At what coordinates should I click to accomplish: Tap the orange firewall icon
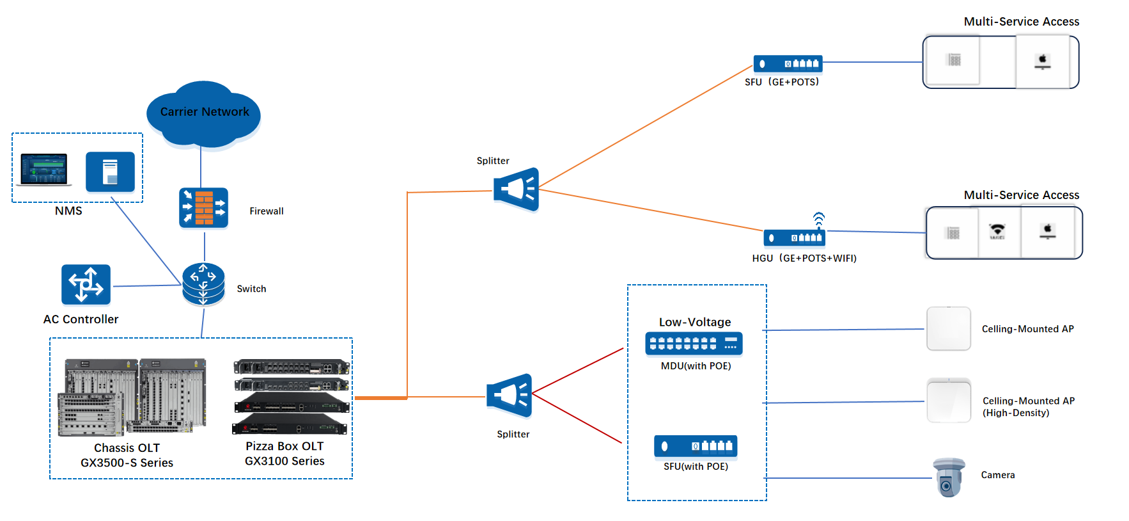(x=203, y=207)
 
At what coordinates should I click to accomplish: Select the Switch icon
(x=203, y=284)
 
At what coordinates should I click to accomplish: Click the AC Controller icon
(x=86, y=284)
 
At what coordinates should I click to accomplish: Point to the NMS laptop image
(x=43, y=170)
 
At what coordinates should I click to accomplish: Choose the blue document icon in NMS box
(x=110, y=172)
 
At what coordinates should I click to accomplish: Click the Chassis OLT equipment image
(x=132, y=397)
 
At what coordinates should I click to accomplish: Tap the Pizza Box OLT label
(x=284, y=453)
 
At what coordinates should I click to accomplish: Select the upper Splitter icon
(x=517, y=189)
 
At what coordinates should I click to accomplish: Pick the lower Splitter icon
(x=510, y=395)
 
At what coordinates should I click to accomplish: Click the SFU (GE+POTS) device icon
(x=788, y=63)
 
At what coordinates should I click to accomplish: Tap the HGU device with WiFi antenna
(x=795, y=237)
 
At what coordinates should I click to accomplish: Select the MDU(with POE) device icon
(x=694, y=344)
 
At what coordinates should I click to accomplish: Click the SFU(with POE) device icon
(x=696, y=446)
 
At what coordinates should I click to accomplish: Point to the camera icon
(x=949, y=477)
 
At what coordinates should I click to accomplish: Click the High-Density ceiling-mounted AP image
(x=949, y=401)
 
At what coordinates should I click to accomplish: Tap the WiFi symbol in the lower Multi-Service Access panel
(x=997, y=231)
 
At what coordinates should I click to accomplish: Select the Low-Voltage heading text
(x=695, y=322)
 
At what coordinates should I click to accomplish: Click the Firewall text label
(x=267, y=211)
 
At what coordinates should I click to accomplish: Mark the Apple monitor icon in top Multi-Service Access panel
(x=1043, y=61)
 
